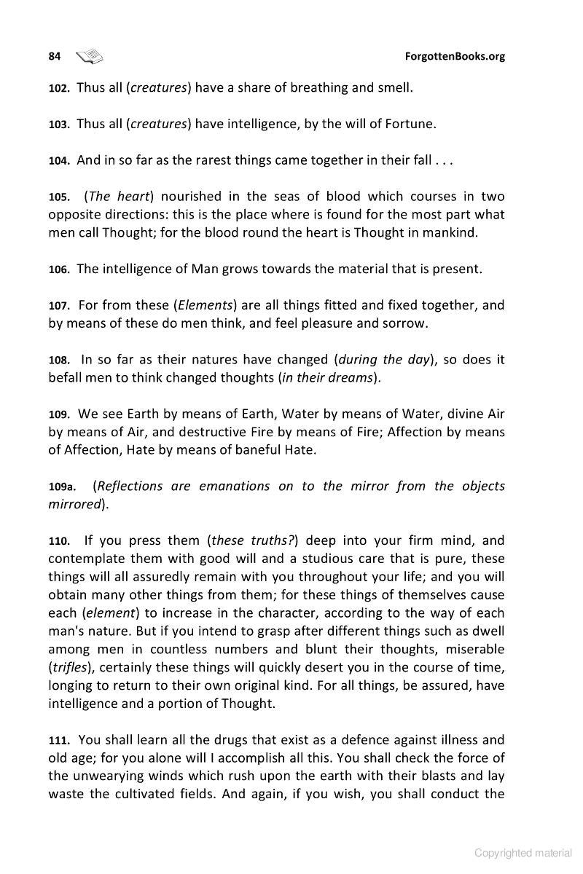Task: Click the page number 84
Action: click(x=54, y=56)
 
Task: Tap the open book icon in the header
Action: click(x=90, y=56)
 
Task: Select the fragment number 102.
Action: click(x=58, y=89)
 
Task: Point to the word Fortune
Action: click(x=410, y=124)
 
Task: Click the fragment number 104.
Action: click(x=58, y=161)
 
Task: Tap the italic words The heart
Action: click(x=118, y=197)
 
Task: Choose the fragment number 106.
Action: click(x=58, y=269)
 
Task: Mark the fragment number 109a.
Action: click(x=61, y=487)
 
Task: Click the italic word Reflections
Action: click(x=130, y=486)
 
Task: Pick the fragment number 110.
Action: click(x=58, y=541)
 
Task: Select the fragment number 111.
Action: click(x=58, y=740)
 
